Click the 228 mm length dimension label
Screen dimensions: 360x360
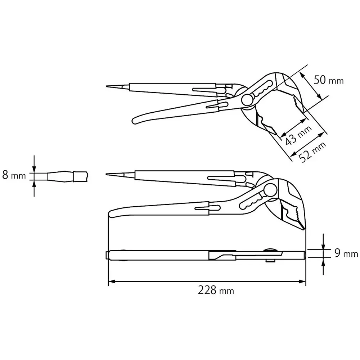tap(216, 290)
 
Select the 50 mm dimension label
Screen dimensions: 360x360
tap(328, 80)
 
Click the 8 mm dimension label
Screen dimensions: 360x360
tap(14, 176)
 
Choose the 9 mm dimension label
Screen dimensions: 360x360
tap(346, 253)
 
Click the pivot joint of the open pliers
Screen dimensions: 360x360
tap(247, 100)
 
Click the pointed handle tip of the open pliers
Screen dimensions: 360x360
tap(108, 86)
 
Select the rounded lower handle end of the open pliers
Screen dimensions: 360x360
tap(136, 120)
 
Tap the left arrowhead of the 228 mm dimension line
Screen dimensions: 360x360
tap(111, 282)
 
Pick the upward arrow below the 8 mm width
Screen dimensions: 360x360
tap(34, 184)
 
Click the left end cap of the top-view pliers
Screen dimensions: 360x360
tap(107, 255)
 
